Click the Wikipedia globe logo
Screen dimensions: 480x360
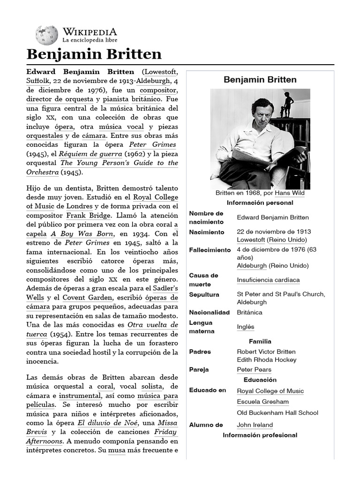(46, 35)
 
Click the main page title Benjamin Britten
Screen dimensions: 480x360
(94, 54)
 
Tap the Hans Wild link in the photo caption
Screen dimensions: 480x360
(289, 193)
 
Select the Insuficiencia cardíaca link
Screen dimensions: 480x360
(268, 280)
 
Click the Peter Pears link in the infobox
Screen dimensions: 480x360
(254, 369)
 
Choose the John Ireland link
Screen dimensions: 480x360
(255, 425)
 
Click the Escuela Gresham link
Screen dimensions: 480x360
(262, 402)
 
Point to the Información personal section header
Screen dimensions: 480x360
(260, 203)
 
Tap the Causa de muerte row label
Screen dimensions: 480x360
(203, 280)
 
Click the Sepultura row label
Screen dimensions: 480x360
(204, 294)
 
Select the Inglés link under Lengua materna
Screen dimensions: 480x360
(246, 327)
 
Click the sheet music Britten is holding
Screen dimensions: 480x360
(267, 157)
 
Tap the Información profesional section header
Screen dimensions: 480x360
(260, 435)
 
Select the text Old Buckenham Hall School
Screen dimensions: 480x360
(277, 412)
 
